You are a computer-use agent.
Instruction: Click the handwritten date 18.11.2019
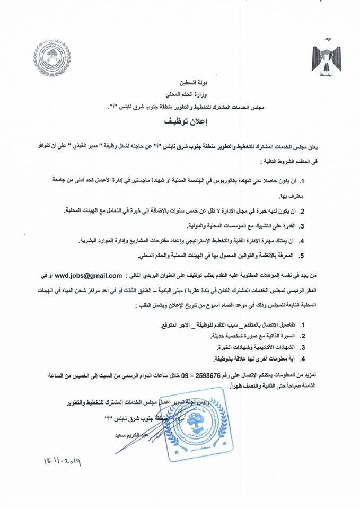[55, 462]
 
